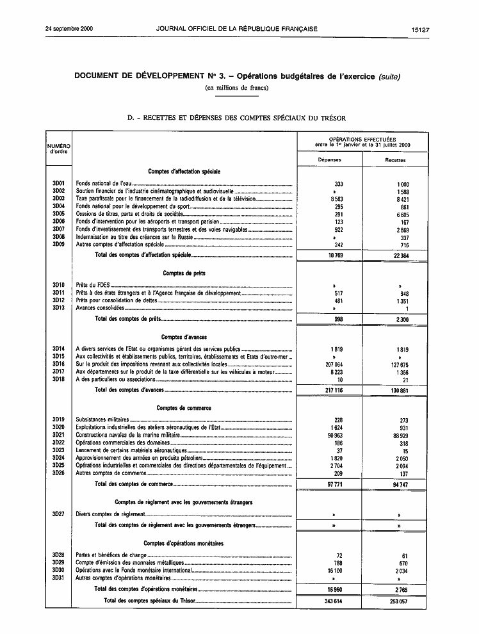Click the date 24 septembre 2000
tap(70, 29)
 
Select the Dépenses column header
tap(330, 159)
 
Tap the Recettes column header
tap(395, 159)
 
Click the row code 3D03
tap(59, 199)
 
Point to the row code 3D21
tap(59, 435)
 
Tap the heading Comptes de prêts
tap(184, 273)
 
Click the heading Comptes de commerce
tap(184, 407)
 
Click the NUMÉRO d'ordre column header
tap(59, 149)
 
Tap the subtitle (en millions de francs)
tap(236, 87)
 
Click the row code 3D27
tap(59, 514)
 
